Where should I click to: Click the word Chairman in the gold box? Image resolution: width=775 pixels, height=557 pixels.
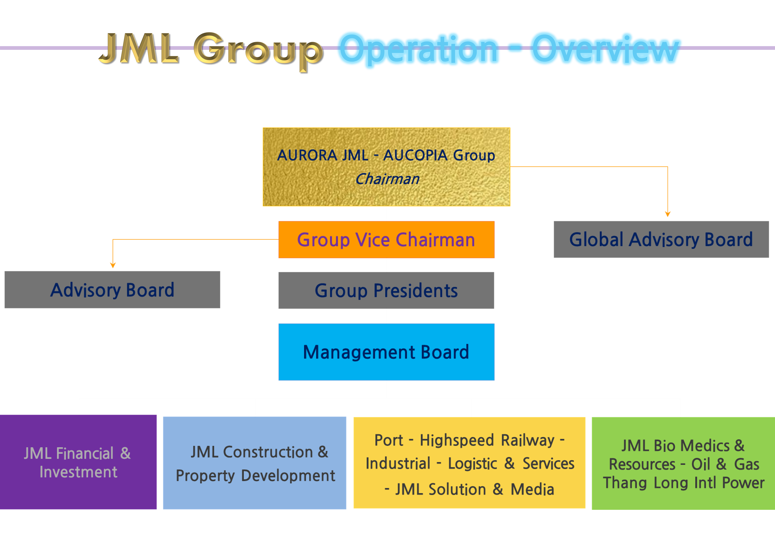[x=387, y=179]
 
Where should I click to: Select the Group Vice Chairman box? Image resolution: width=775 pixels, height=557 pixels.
[x=386, y=239]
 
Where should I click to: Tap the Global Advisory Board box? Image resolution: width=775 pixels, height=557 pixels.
[x=661, y=239]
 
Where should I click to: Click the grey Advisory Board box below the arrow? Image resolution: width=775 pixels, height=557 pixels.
[x=112, y=290]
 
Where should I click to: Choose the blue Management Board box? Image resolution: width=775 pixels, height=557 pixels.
[x=386, y=352]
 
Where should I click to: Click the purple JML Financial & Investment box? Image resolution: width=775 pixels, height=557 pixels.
[x=78, y=462]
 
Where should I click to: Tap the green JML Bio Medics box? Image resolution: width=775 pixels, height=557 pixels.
[x=683, y=463]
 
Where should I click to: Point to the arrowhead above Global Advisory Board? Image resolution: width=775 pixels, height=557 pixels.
[x=668, y=214]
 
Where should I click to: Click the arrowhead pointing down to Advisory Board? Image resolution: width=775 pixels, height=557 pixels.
[x=113, y=265]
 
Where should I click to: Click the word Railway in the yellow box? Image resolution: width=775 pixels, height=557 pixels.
[x=528, y=440]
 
